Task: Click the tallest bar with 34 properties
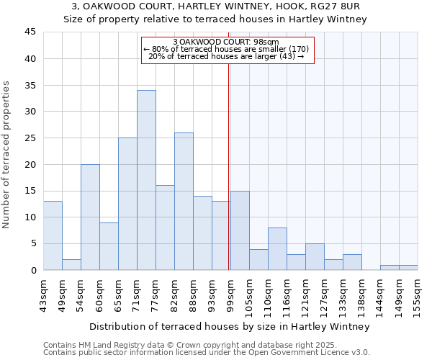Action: (146, 180)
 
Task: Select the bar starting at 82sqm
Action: (184, 201)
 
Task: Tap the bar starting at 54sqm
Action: (90, 217)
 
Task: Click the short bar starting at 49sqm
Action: (71, 264)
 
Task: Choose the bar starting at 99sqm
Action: (240, 230)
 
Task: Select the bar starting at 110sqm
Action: (277, 249)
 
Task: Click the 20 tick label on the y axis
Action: (30, 164)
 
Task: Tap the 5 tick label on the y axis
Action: (32, 243)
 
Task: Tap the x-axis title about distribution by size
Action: (230, 326)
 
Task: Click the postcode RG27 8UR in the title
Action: (342, 6)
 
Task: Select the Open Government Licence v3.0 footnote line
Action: (207, 353)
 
